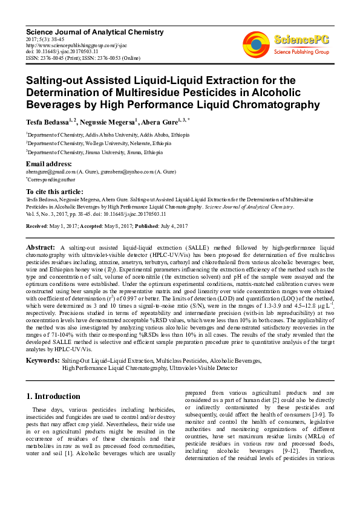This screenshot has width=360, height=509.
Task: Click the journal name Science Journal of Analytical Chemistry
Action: click(x=84, y=31)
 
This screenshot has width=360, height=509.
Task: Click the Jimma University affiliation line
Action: click(x=89, y=154)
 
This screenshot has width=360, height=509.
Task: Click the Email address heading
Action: click(x=49, y=164)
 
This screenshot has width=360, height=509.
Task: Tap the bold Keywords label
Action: click(x=42, y=361)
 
